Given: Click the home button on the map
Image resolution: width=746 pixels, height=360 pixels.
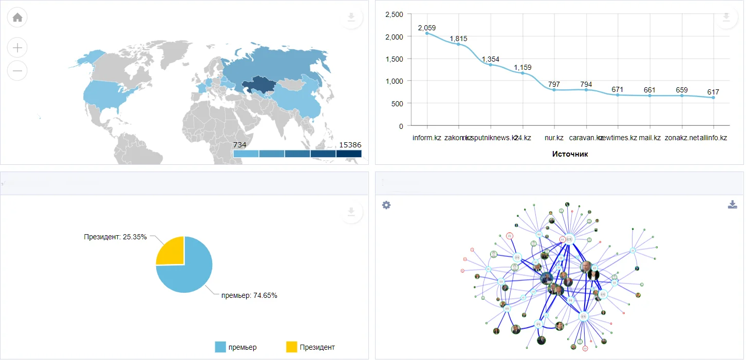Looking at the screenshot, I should coord(17,17).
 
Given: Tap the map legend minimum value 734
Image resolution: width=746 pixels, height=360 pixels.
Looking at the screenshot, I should coord(240,145).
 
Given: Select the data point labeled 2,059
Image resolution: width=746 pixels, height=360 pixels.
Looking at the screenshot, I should coord(426,33).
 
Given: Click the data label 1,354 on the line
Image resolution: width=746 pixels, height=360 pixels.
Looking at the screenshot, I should coord(490,59).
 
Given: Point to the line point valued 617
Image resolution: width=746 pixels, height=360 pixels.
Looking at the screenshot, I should coord(713,98).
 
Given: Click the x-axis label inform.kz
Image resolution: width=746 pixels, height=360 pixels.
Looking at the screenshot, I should coord(426,138).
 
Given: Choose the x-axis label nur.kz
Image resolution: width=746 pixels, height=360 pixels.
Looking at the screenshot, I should coord(554,138).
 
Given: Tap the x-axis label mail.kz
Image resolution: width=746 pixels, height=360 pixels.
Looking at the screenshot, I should coord(649,138).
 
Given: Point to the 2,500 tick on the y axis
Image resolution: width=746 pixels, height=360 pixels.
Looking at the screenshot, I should coord(394,14).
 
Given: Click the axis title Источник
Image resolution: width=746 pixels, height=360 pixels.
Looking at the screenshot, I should coord(570,154).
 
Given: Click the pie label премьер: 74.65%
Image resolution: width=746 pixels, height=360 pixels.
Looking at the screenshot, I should coord(249,295).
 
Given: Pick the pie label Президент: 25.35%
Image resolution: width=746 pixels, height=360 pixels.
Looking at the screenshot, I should coord(115,237).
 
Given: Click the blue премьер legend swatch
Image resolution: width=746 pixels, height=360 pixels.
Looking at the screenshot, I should coord(220,347).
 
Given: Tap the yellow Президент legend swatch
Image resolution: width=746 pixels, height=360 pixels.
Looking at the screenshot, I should coord(291,347).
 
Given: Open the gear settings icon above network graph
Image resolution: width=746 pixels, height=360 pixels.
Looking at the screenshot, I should coord(386,205).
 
